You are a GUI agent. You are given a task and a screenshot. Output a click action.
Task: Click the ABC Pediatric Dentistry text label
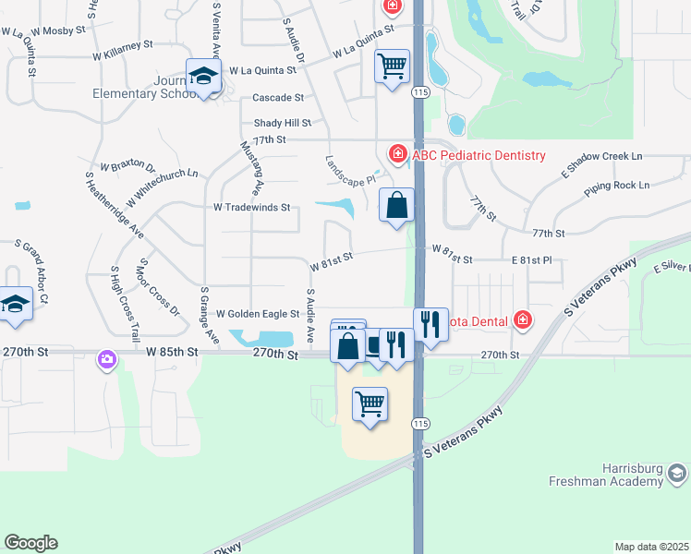(479, 155)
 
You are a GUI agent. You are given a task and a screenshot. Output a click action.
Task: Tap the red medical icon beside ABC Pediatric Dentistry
(397, 153)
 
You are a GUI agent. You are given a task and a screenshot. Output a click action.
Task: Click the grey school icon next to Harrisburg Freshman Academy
(676, 475)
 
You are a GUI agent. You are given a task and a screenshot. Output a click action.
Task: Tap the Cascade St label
(278, 97)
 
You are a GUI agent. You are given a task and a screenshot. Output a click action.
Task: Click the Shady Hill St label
(283, 123)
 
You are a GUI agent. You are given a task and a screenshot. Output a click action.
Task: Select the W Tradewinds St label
(252, 208)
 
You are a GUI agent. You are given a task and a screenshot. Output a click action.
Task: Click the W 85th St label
(172, 352)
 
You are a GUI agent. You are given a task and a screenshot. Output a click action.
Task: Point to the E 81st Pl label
(531, 261)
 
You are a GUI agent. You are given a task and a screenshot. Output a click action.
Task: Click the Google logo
(30, 543)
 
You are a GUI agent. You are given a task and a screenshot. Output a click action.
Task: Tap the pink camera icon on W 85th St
(108, 359)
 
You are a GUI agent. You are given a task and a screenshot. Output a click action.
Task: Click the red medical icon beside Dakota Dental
(524, 320)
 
